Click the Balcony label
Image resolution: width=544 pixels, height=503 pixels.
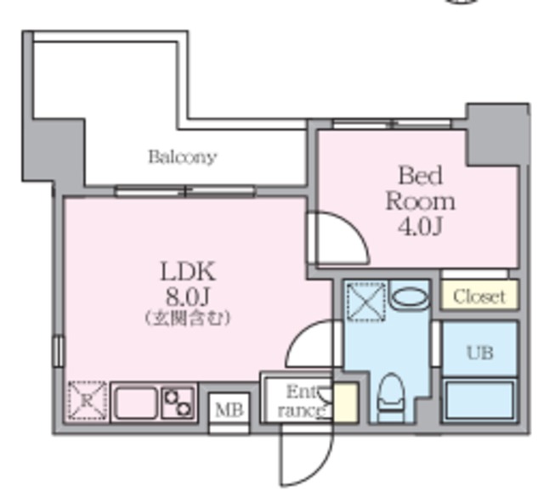coord(183,157)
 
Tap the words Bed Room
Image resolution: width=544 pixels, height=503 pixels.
coord(420,189)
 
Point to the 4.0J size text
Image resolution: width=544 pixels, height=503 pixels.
coord(420,227)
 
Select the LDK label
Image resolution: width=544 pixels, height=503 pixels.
coord(188,271)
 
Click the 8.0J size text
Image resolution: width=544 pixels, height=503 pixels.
coord(187,297)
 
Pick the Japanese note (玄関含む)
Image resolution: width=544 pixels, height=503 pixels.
coord(187,318)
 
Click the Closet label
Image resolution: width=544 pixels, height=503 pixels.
coord(479,297)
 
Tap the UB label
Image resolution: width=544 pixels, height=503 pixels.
coord(479,353)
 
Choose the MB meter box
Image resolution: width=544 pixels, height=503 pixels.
coord(229,410)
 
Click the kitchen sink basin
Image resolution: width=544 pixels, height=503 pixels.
coord(136,403)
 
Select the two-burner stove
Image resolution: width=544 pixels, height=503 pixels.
coord(178,403)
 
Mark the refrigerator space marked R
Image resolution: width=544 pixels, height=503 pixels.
coord(87,401)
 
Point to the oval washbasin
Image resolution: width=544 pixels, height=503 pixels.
coord(410,298)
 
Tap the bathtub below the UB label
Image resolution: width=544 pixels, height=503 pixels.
coord(479,400)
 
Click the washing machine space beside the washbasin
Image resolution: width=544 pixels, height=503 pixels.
coord(366,302)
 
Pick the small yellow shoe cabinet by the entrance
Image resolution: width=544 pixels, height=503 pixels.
coord(345,403)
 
